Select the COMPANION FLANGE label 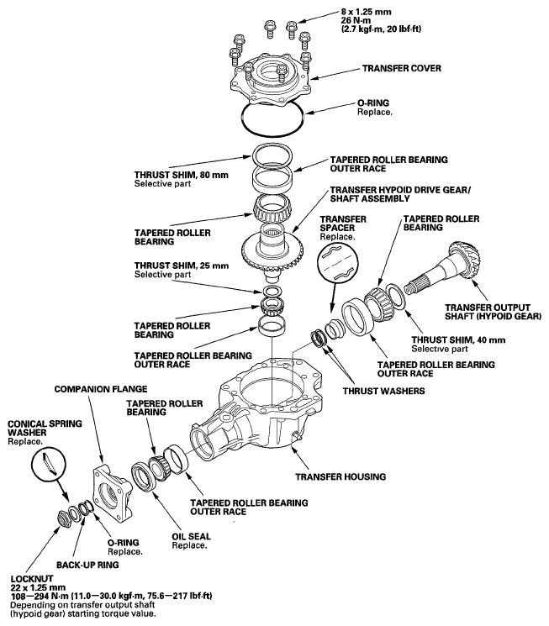pyautogui.click(x=100, y=390)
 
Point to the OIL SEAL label pyautogui.click(x=192, y=535)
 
